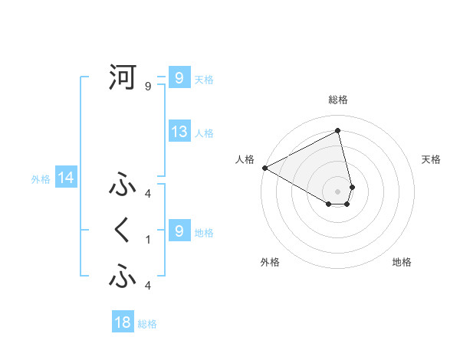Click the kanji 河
coord(123,77)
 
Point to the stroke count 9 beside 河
coord(148,87)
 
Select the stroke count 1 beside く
coord(148,240)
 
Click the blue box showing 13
coord(179,132)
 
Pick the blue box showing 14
coord(66,178)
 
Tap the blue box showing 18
coord(123,322)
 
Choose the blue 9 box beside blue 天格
coord(179,78)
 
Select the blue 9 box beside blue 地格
coord(179,231)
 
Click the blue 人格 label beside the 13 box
coord(204,133)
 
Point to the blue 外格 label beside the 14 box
coord(41,179)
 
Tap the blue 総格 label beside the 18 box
coord(147,324)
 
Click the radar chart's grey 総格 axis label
coord(338,100)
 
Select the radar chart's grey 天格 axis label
coord(432,159)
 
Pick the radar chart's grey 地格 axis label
coord(402,262)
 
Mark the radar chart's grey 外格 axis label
coord(270,262)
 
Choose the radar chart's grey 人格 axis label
coord(245,159)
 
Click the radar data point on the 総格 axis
coord(338,130)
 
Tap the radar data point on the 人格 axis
coord(264,168)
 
